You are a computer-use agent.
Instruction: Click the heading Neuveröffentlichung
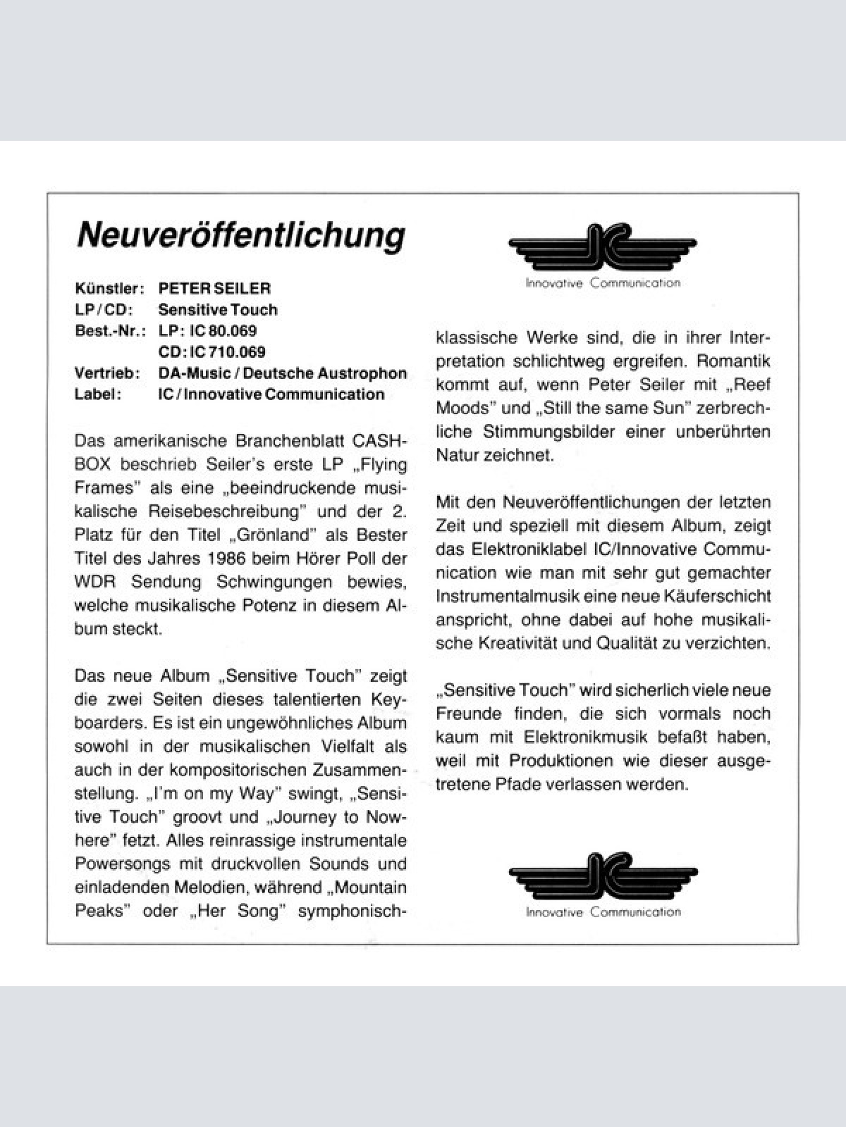click(x=240, y=235)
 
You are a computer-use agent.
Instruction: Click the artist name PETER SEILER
click(x=214, y=288)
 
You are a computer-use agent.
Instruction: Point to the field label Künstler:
click(x=109, y=288)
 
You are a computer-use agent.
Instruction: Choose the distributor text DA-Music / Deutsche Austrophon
click(x=283, y=373)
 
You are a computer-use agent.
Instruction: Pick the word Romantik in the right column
click(x=733, y=361)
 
